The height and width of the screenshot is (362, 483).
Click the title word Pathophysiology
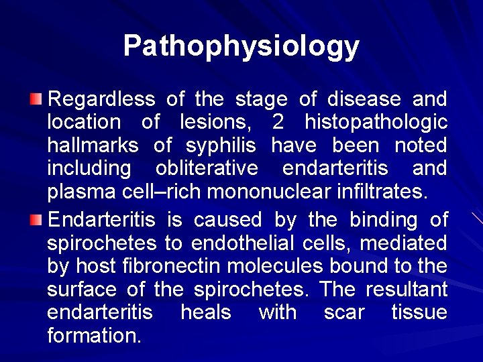[x=241, y=46]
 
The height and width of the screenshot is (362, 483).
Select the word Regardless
[x=101, y=100]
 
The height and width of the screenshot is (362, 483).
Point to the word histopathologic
[x=376, y=123]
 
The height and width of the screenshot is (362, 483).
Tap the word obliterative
[x=207, y=169]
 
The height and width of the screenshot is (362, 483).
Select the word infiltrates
[x=383, y=192]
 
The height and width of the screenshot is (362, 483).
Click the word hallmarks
[x=93, y=145]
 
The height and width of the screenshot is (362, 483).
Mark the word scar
[x=343, y=312]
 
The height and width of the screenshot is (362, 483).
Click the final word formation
[x=94, y=335]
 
